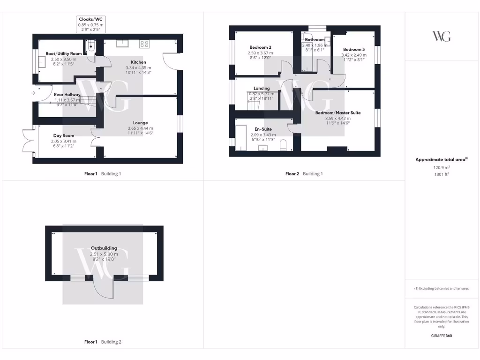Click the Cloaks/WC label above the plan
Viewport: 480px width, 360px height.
pyautogui.click(x=91, y=19)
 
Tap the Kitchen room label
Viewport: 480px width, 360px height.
pyautogui.click(x=138, y=62)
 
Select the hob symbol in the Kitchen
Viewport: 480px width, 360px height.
pyautogui.click(x=144, y=45)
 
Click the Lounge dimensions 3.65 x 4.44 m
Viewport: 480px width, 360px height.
pyautogui.click(x=140, y=128)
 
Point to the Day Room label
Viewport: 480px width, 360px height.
pyautogui.click(x=63, y=135)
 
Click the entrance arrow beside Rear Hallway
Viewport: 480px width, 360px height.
pyautogui.click(x=33, y=93)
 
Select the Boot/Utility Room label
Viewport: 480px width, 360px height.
pyautogui.click(x=63, y=53)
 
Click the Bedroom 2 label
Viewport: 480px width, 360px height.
pyautogui.click(x=260, y=47)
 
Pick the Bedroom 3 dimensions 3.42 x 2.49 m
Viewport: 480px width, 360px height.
pyautogui.click(x=353, y=55)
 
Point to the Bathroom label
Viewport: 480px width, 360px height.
pyautogui.click(x=315, y=40)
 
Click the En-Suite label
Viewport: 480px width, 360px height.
pyautogui.click(x=263, y=129)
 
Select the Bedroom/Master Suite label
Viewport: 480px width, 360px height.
pyautogui.click(x=338, y=113)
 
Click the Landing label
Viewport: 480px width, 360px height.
pyautogui.click(x=261, y=88)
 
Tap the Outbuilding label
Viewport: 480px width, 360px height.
pyautogui.click(x=104, y=248)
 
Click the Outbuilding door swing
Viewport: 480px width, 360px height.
pyautogui.click(x=103, y=288)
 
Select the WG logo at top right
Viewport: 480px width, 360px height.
pyautogui.click(x=441, y=36)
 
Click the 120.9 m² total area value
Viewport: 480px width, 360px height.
pyautogui.click(x=441, y=167)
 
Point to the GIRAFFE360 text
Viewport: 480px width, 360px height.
pyautogui.click(x=441, y=336)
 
